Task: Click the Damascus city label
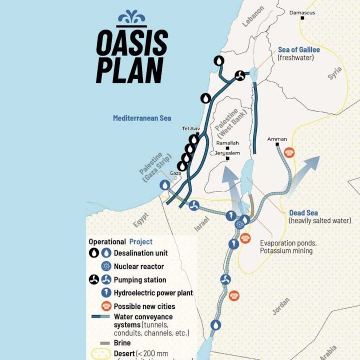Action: pos(302,13)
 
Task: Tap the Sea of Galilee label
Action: pos(299,50)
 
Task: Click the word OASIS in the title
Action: pos(132,43)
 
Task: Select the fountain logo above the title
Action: pos(131,18)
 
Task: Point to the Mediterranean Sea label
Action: pos(142,118)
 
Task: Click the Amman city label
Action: pos(277,139)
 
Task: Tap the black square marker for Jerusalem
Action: pos(228,159)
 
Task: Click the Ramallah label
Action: pos(227,143)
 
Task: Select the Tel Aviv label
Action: pos(191,129)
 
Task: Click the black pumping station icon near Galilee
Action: pos(240,75)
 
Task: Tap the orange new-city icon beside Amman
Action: pos(289,152)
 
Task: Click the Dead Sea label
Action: pos(303,213)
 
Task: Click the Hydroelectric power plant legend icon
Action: pos(106,293)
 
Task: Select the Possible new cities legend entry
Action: pos(144,306)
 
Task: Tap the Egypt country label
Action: pos(141,220)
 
